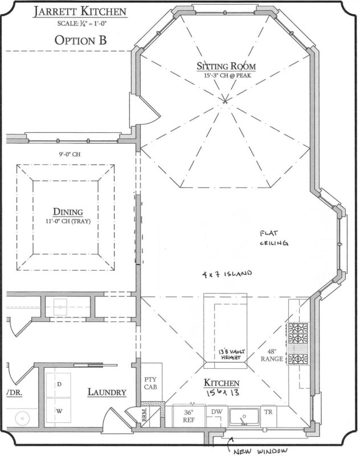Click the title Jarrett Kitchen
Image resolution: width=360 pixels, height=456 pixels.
80,12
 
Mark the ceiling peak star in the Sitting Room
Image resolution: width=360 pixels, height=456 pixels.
225,101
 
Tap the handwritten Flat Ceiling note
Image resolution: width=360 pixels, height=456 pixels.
274,238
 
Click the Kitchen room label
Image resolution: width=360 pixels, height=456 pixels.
222,383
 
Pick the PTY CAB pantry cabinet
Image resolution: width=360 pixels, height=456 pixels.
150,382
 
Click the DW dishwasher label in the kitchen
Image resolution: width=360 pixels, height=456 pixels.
216,412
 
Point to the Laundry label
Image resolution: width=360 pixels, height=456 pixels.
107,392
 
